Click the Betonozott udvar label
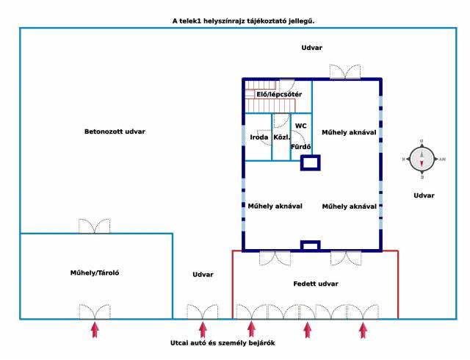(115, 132)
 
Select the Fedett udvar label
(316, 284)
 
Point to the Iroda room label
(259, 137)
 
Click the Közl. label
(281, 137)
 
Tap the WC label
(301, 126)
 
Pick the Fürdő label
(301, 147)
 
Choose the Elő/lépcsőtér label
(278, 94)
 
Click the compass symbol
(422, 158)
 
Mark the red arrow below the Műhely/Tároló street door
(94, 329)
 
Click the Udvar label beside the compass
(424, 195)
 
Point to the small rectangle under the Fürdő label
(310, 163)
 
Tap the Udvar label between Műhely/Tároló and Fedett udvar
(203, 274)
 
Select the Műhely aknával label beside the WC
(349, 132)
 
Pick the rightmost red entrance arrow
(363, 329)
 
